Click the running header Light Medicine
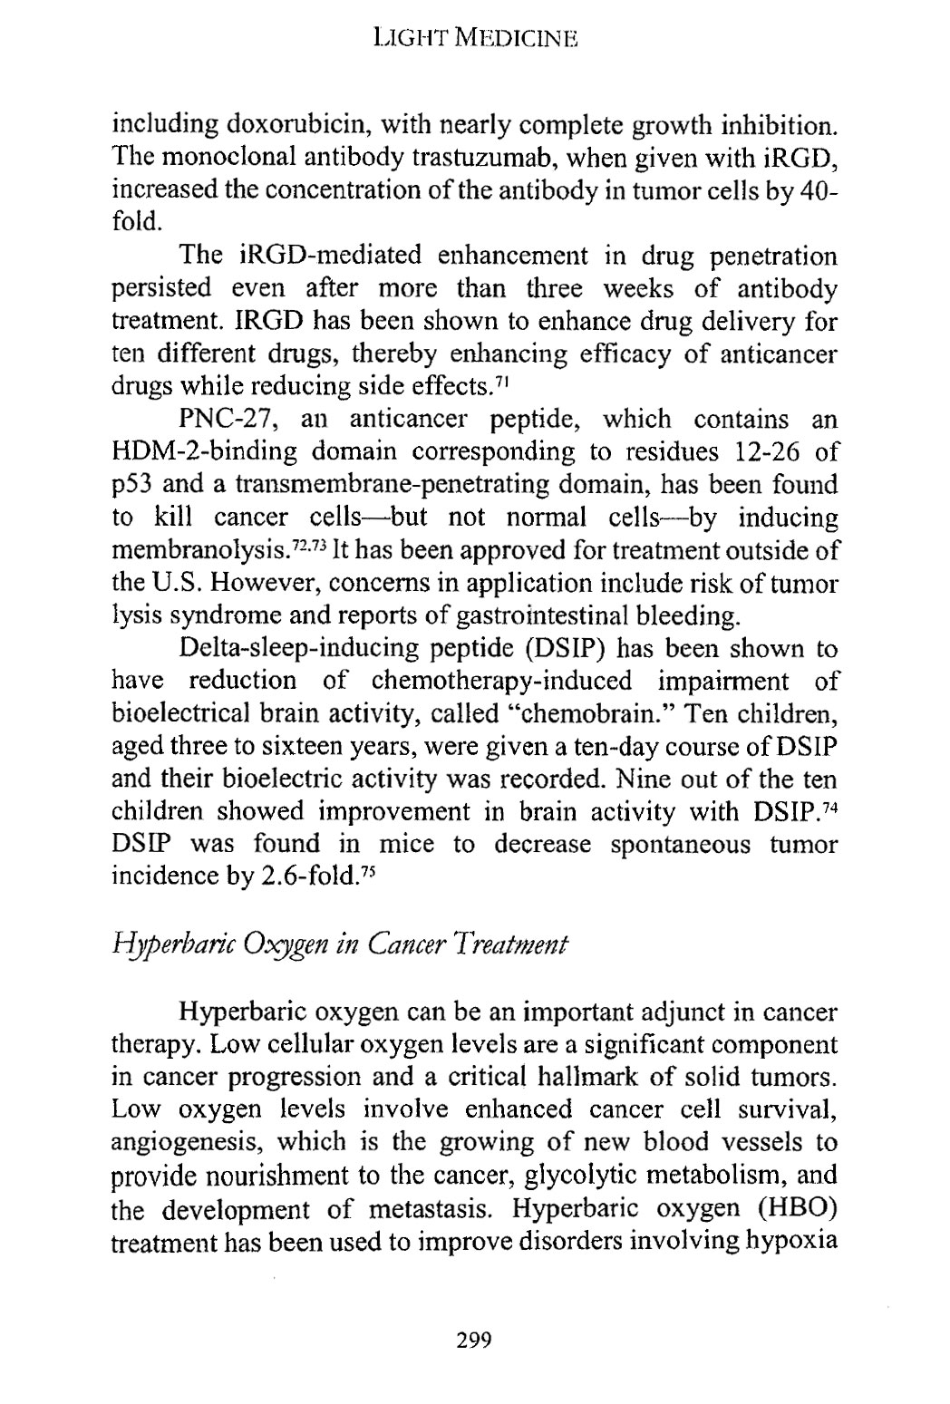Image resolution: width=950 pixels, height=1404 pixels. (475, 39)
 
